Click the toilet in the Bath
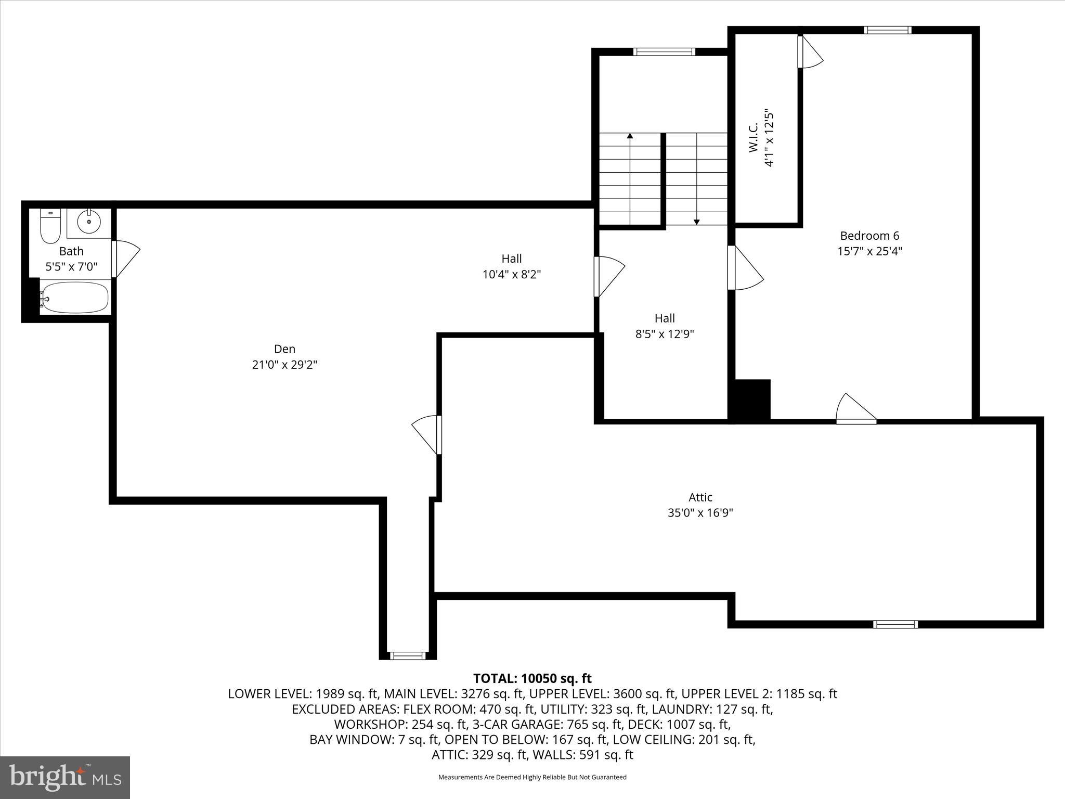coord(50,226)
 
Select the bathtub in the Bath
coord(74,298)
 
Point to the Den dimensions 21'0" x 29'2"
coord(284,365)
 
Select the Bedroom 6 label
coord(869,236)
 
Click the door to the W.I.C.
coord(809,52)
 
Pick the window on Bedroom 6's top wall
coord(887,30)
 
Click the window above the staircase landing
coord(664,51)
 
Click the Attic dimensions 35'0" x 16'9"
coord(700,513)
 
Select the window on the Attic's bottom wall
coord(895,624)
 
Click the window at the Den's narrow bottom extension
coord(408,656)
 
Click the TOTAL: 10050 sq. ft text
coord(532,678)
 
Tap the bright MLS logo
coord(65,777)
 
